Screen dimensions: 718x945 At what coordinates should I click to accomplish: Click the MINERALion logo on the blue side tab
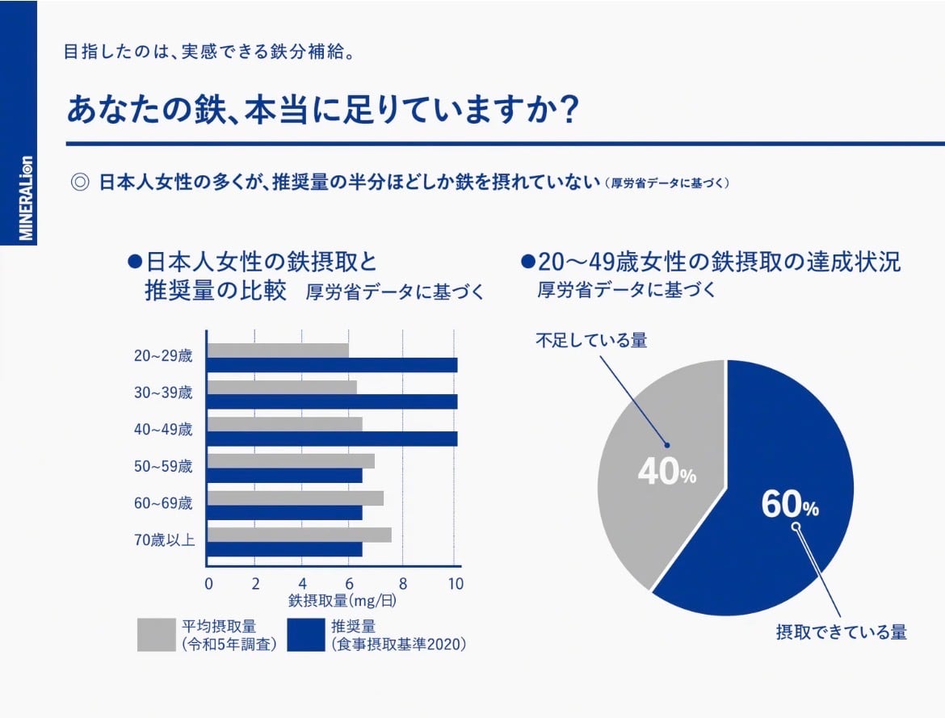pyautogui.click(x=26, y=198)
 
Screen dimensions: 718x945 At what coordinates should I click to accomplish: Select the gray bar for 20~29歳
pyautogui.click(x=278, y=350)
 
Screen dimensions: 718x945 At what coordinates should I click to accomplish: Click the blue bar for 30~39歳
pyautogui.click(x=332, y=401)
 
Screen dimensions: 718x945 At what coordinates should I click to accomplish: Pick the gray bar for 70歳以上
pyautogui.click(x=299, y=535)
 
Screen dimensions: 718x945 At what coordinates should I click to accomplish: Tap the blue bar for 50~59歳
pyautogui.click(x=284, y=476)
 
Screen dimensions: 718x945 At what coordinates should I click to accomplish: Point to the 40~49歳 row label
pyautogui.click(x=164, y=430)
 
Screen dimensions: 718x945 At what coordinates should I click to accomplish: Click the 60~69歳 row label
pyautogui.click(x=164, y=504)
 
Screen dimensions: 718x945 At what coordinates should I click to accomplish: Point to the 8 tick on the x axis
pyautogui.click(x=403, y=584)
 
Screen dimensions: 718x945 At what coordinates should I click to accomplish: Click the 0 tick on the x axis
pyautogui.click(x=208, y=584)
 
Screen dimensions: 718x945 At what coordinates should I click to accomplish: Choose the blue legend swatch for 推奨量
pyautogui.click(x=305, y=635)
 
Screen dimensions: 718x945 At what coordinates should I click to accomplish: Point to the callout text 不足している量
pyautogui.click(x=591, y=341)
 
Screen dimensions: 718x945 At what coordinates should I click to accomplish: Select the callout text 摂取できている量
pyautogui.click(x=841, y=632)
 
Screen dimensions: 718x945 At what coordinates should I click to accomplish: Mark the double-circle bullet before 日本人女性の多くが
pyautogui.click(x=80, y=182)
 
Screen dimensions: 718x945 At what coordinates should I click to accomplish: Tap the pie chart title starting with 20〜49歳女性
pyautogui.click(x=718, y=262)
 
